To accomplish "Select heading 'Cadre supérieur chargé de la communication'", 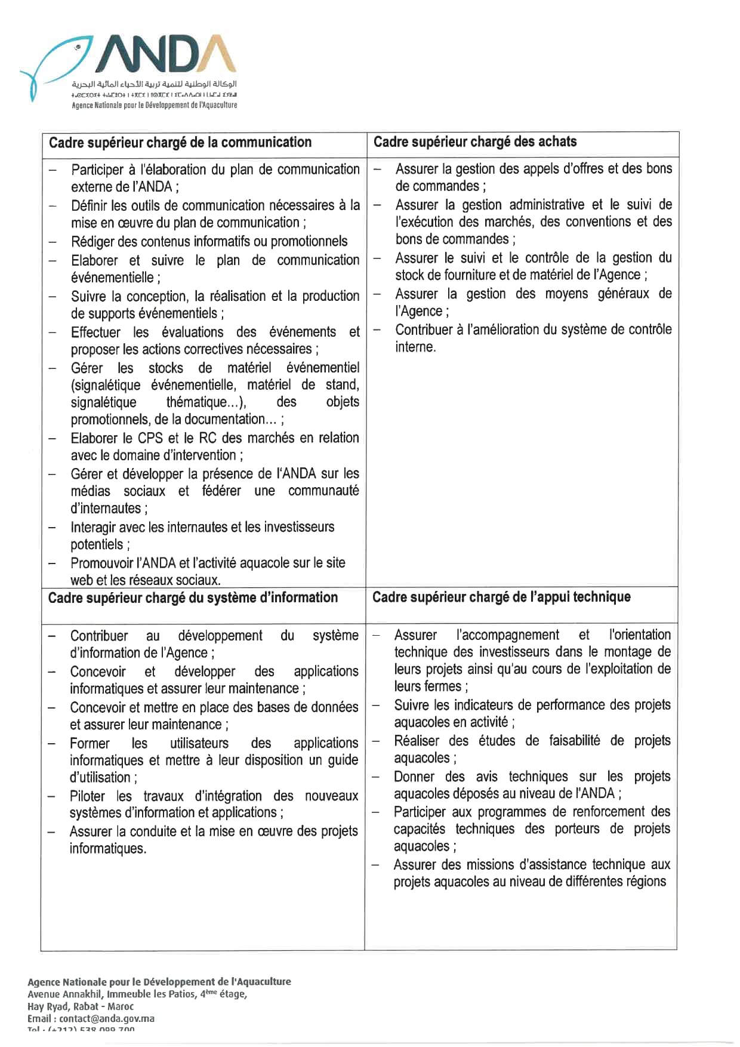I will [180, 143].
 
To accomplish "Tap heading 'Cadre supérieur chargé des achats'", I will [475, 142].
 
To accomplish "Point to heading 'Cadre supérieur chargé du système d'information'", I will [193, 598].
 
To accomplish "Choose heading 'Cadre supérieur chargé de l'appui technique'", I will [501, 597].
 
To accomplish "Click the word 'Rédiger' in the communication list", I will [95, 241].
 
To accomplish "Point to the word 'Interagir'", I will [95, 527].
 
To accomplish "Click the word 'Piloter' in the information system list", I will [88, 796].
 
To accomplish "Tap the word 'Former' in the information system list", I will [90, 743].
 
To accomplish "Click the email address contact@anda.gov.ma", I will [107, 1018].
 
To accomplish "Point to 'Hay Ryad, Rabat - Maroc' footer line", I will [81, 1006].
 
